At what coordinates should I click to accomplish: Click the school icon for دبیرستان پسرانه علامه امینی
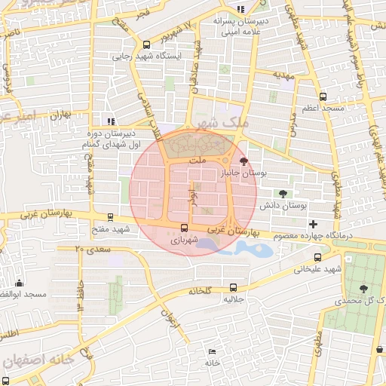(240, 9)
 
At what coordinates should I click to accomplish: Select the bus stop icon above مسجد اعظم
(323, 96)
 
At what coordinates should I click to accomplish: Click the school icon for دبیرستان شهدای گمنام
(111, 121)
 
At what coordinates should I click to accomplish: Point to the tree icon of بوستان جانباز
(242, 161)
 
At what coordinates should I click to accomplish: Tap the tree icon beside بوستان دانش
(283, 193)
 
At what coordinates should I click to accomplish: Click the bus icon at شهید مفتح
(112, 216)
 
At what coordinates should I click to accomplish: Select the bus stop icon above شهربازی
(184, 228)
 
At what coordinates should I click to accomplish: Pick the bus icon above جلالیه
(232, 287)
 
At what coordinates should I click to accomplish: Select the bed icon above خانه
(212, 351)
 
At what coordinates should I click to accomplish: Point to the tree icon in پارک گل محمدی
(364, 288)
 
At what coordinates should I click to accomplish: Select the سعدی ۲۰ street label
(93, 248)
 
